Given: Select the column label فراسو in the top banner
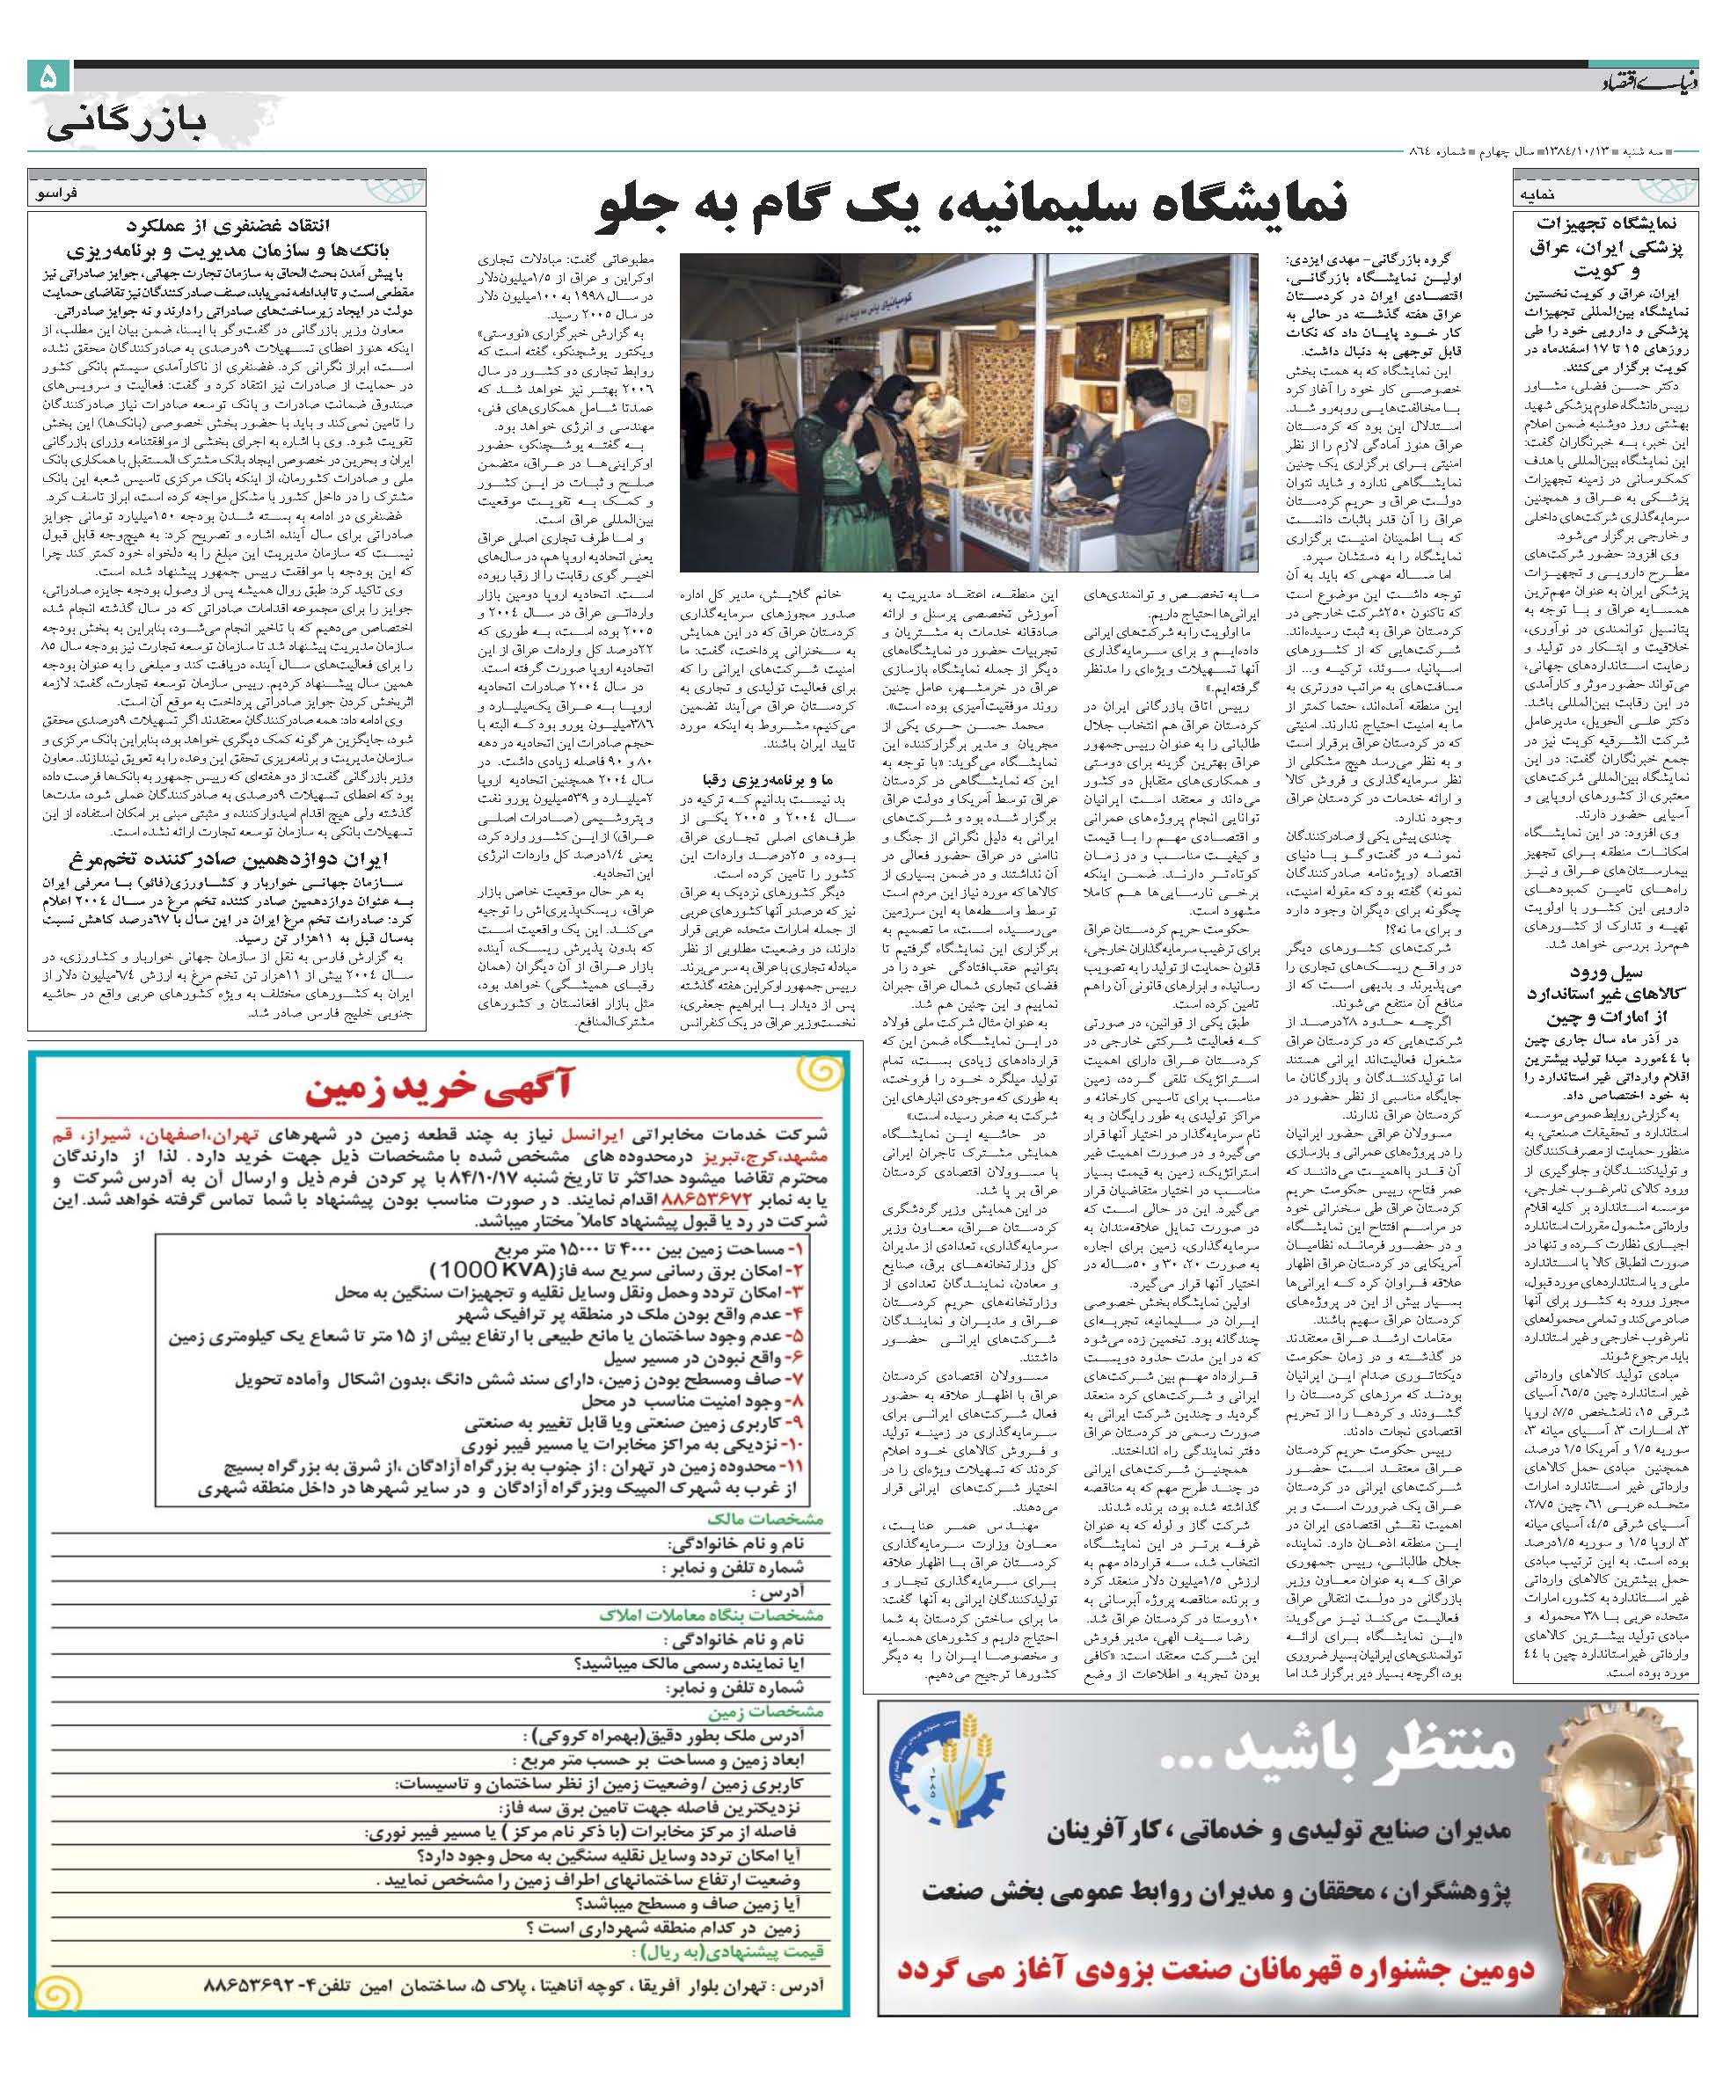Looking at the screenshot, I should point(65,196).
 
